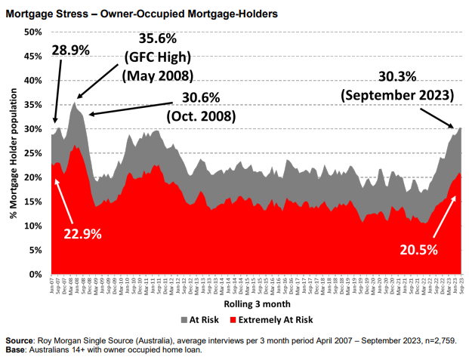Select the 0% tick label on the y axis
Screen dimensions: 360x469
click(x=35, y=274)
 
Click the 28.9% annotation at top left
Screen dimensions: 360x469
click(x=70, y=50)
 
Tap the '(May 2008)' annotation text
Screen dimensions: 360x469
click(x=157, y=76)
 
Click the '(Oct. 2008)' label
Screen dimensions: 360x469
click(x=200, y=117)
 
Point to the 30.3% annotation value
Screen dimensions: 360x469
click(x=396, y=78)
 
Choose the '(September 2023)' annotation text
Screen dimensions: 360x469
click(x=396, y=96)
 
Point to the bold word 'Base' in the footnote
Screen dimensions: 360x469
click(x=17, y=349)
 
